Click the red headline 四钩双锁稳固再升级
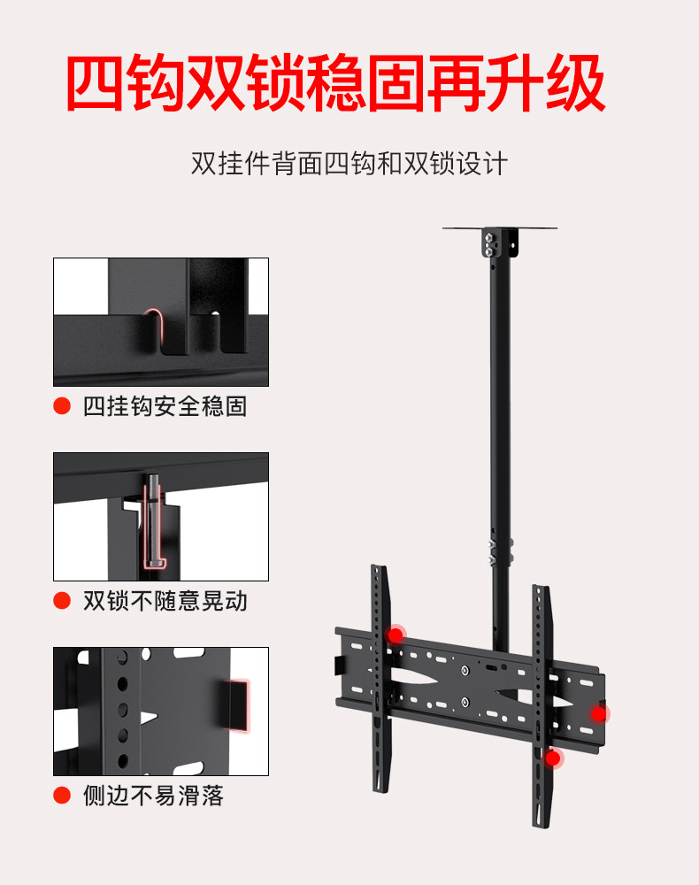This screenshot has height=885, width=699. coord(336,85)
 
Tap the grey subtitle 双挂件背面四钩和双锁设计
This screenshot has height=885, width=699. coord(349,164)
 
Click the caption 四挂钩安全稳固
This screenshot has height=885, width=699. coord(165,406)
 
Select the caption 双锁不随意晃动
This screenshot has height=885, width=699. coord(165,601)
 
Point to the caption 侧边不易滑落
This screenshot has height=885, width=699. coord(153,796)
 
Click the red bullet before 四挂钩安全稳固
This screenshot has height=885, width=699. coord(62,406)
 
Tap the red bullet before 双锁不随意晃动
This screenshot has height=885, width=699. coord(62,601)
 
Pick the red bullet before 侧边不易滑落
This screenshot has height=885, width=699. coord(62,796)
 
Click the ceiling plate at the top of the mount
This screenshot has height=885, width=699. coord(502,229)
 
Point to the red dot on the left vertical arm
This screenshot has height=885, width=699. coord(396,634)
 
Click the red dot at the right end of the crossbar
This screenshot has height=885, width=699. coord(600,713)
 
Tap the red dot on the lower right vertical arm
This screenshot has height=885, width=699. coord(553,758)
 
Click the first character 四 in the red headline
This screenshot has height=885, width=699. coord(96,85)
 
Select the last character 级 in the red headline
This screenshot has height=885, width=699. coord(576,85)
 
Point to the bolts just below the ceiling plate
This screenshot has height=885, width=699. coord(488,244)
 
